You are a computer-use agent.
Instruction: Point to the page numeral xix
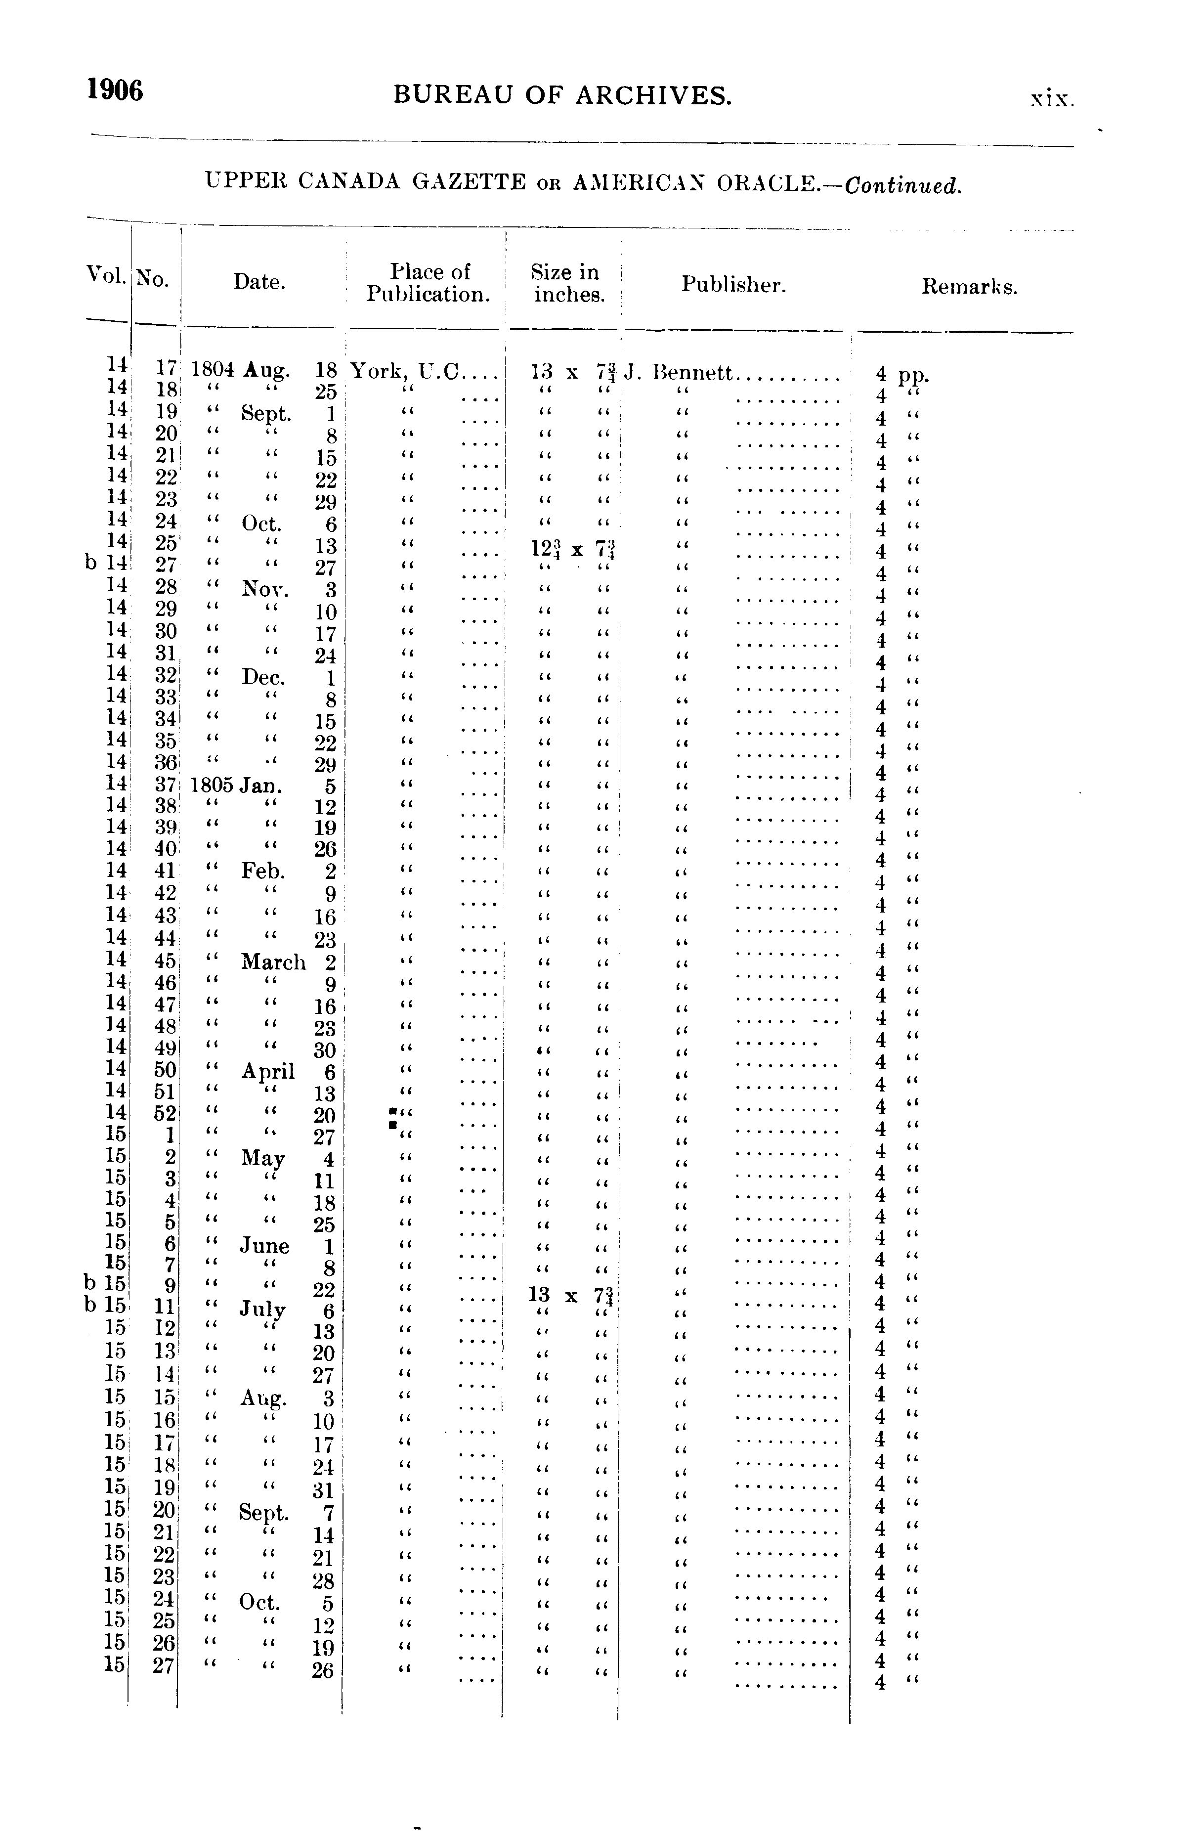(1052, 99)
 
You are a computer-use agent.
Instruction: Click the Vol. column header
(106, 275)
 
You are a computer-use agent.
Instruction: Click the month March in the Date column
(273, 962)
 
